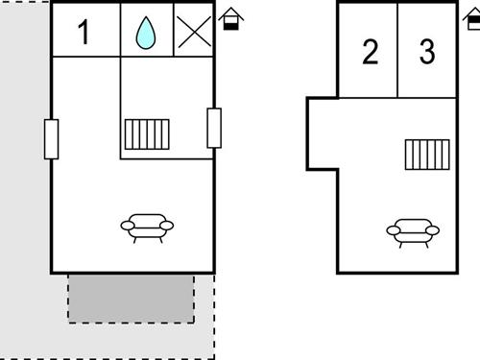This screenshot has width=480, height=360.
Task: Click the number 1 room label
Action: pyautogui.click(x=84, y=33)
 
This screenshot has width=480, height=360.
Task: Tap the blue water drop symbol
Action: pyautogui.click(x=146, y=33)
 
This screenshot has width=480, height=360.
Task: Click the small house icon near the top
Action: pyautogui.click(x=231, y=18)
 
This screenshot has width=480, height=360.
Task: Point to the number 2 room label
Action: pyautogui.click(x=371, y=53)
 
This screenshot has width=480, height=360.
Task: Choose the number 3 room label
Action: pyautogui.click(x=427, y=53)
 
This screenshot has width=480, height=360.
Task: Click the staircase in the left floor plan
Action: pyautogui.click(x=147, y=134)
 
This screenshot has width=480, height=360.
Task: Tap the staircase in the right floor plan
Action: pyautogui.click(x=427, y=155)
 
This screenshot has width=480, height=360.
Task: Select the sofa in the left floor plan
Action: pyautogui.click(x=147, y=226)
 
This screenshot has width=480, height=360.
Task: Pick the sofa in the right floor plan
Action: pyautogui.click(x=413, y=230)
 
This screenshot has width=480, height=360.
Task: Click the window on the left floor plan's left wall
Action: pyautogui.click(x=51, y=139)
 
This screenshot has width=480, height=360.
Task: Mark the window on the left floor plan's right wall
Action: pyautogui.click(x=214, y=128)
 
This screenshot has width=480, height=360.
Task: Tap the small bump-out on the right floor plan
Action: pyautogui.click(x=322, y=134)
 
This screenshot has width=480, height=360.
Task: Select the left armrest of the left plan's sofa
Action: pyautogui.click(x=127, y=226)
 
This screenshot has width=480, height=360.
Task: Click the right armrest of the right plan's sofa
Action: pyautogui.click(x=433, y=230)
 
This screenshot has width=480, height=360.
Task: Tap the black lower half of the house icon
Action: pyautogui.click(x=231, y=24)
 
